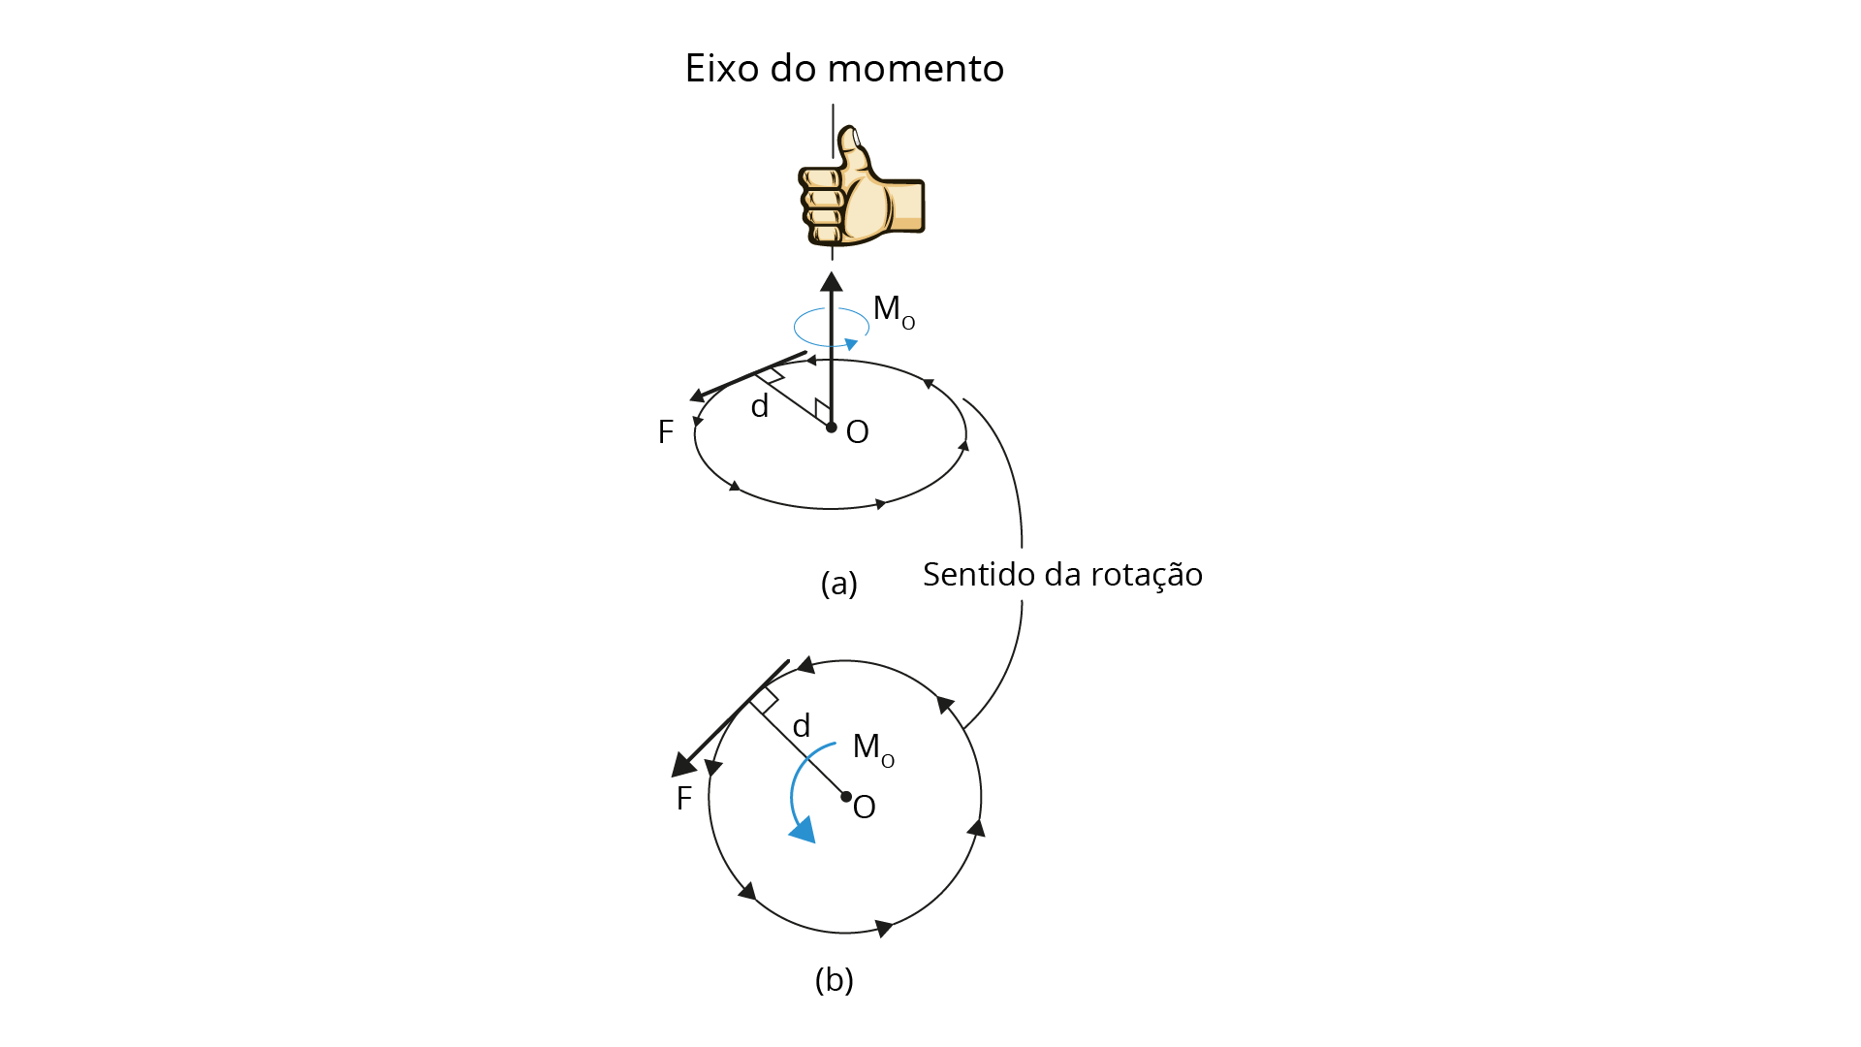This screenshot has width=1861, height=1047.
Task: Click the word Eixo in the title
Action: coord(722,68)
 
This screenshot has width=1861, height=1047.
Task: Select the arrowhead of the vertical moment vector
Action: coord(832,282)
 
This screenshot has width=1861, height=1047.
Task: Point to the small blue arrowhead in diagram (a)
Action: coord(851,344)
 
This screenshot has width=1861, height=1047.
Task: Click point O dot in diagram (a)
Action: coord(832,427)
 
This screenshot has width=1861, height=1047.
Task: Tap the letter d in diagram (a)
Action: coord(760,405)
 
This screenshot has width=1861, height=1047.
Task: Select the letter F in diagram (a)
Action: coord(665,432)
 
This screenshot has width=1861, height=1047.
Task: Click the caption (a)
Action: coord(839,583)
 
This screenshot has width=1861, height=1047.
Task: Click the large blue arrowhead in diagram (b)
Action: coord(803,829)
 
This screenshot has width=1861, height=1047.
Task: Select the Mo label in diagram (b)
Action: coord(873,748)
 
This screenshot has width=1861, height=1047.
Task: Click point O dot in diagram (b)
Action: coord(846,797)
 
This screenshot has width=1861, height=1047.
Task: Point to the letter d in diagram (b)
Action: coord(802,725)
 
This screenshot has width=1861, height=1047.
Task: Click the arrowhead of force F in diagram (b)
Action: coord(683,765)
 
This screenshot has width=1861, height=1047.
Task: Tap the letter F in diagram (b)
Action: coord(684,799)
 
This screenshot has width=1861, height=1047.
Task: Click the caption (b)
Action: coord(835,980)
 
